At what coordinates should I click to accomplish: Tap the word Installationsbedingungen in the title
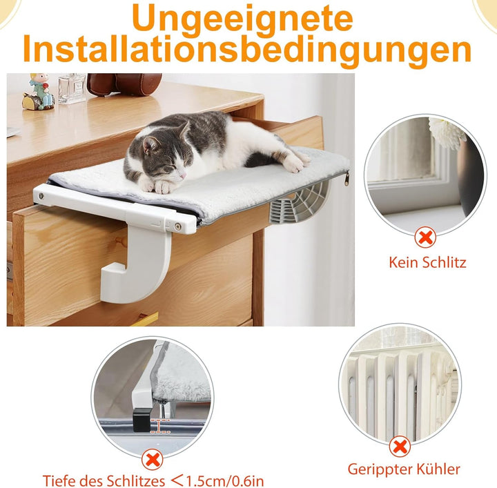pyautogui.click(x=248, y=50)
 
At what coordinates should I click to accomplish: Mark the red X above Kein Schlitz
pyautogui.click(x=427, y=239)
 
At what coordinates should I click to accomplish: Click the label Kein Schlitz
pyautogui.click(x=427, y=262)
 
